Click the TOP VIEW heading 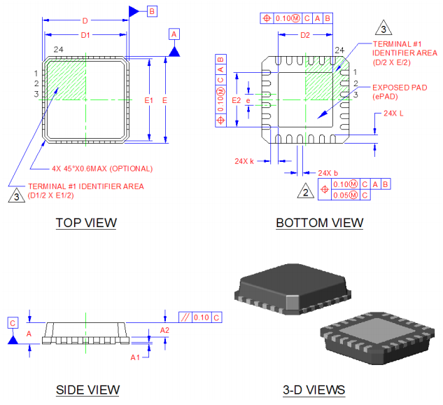click(x=86, y=223)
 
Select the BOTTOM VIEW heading click(x=319, y=223)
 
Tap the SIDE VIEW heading click(x=87, y=390)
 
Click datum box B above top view click(x=152, y=11)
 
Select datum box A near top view click(x=174, y=34)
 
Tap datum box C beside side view click(x=13, y=322)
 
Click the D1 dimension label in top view click(x=85, y=34)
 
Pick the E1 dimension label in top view click(x=148, y=101)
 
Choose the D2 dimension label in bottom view click(x=305, y=34)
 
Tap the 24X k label click(x=244, y=160)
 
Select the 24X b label click(x=328, y=172)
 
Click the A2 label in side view click(x=164, y=329)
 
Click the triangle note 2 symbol click(x=304, y=191)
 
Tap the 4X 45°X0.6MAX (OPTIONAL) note click(x=101, y=168)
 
